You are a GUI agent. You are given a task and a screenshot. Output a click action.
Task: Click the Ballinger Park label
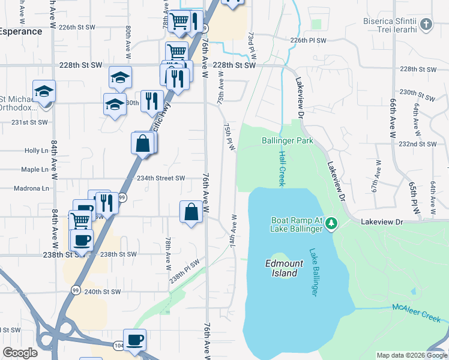tap(288, 141)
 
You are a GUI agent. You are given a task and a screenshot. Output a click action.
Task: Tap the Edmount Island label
tap(282, 268)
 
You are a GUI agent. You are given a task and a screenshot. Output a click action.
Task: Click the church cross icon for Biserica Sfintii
tap(426, 25)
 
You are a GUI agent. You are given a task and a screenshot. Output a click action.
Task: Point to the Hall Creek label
tap(282, 168)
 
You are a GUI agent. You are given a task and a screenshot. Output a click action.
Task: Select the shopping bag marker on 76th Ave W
tap(191, 212)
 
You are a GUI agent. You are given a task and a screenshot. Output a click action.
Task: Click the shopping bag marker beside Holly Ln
tap(142, 144)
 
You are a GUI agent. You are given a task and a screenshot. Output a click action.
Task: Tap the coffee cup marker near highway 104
tap(134, 340)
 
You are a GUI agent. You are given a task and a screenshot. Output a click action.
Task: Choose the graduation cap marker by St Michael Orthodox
tap(44, 92)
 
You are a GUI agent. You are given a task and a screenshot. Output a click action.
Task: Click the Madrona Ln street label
tap(31, 188)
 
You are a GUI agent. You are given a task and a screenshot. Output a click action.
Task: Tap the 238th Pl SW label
tap(184, 271)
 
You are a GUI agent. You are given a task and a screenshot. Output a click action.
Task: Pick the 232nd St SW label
tap(420, 145)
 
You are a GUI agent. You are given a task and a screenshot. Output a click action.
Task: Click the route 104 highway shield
tap(115, 344)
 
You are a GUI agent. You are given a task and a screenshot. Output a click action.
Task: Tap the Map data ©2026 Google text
tap(411, 355)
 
